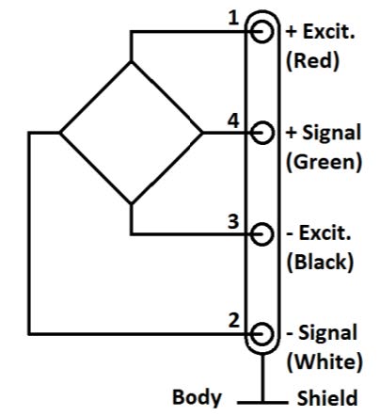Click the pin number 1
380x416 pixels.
233,19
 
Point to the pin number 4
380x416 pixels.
233,120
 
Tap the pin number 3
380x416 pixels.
233,222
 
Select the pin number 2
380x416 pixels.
233,321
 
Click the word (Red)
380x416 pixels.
313,61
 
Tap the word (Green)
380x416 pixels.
325,162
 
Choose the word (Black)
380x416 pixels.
320,263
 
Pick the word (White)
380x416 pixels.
325,362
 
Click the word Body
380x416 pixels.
197,398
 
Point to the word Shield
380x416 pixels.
327,398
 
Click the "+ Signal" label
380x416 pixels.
324,133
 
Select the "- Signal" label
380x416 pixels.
322,333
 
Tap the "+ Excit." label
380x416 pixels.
321,32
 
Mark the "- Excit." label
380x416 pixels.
319,233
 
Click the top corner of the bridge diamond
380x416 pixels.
131,62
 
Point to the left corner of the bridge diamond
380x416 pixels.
60,133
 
